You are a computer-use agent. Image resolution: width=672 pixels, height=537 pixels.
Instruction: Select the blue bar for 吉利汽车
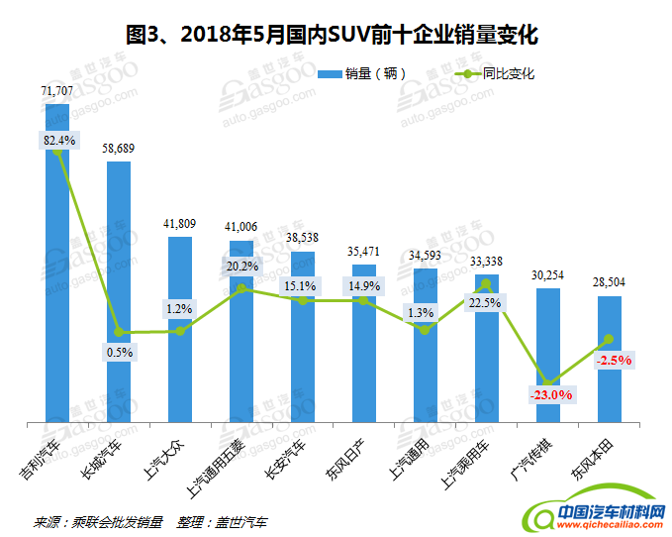(58, 297)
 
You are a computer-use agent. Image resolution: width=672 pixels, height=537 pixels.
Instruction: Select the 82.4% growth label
(58, 140)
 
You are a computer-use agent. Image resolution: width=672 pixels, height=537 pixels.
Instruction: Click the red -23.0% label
(548, 394)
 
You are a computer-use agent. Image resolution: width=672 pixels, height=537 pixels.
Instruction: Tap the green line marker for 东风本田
(609, 339)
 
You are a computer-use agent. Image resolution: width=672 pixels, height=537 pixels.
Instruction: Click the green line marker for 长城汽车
(119, 332)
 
